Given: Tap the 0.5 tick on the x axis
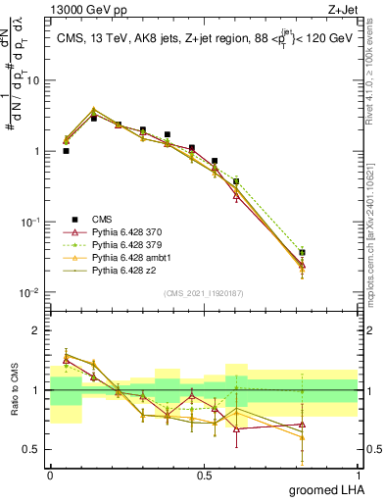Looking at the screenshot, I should [x=204, y=475].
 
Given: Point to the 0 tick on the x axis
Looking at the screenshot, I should [x=50, y=475].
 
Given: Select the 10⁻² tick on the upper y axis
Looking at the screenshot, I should [x=29, y=293].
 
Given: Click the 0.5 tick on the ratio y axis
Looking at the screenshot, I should [x=32, y=450].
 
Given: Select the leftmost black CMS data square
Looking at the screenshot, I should [x=66, y=151].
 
